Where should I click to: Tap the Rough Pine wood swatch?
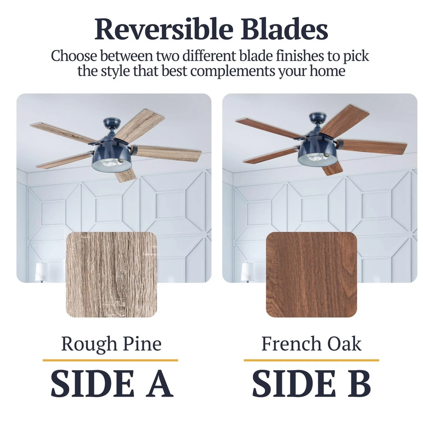click(111, 275)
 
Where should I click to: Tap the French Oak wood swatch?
click(312, 275)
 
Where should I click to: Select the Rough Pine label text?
click(111, 344)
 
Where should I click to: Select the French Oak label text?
click(312, 344)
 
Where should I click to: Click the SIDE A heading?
click(111, 384)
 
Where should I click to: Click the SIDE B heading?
click(312, 384)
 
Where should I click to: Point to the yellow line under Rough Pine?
click(110, 360)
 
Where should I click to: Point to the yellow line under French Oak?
click(311, 360)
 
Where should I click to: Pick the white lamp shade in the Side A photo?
click(41, 270)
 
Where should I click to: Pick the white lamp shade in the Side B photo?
click(247, 270)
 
